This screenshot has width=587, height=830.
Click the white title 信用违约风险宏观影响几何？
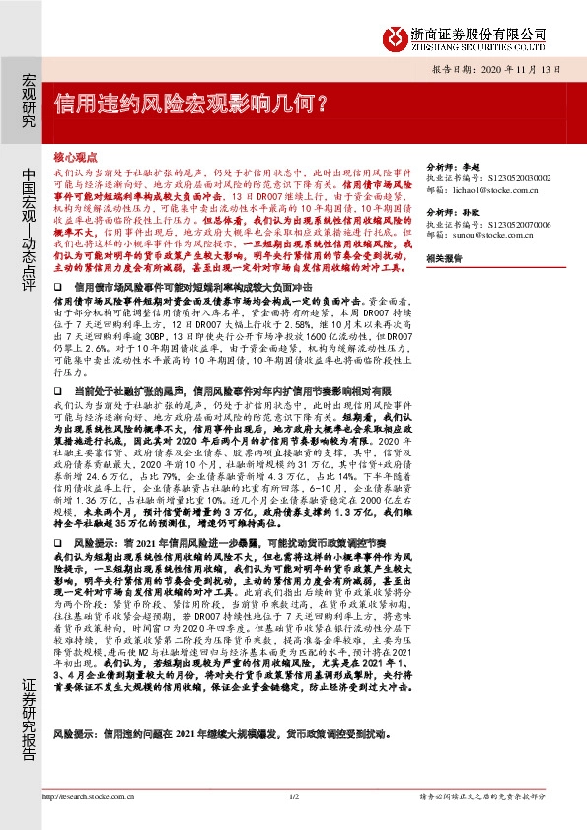click(x=190, y=103)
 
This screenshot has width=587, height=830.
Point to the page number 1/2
click(x=293, y=795)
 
